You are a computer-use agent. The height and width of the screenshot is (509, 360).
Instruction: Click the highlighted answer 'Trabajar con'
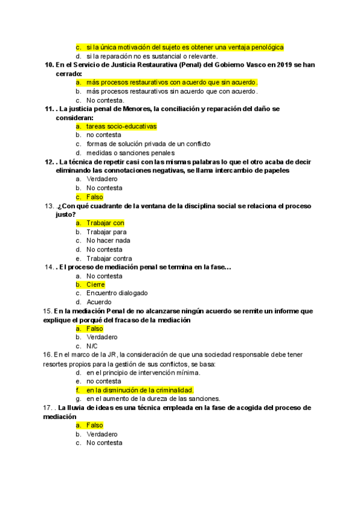point(105,223)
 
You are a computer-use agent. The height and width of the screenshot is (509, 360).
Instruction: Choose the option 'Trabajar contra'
point(109,259)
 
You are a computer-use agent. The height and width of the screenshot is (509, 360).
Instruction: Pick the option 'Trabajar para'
point(106,232)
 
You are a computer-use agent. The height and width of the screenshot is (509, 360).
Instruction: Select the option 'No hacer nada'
point(108,241)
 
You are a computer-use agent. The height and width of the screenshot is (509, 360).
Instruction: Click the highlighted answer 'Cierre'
point(95,285)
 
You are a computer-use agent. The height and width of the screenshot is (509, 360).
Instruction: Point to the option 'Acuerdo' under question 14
point(99,302)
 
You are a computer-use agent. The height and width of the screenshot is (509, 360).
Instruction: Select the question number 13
point(49,206)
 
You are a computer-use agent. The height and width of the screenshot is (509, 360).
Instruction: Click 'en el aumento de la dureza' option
point(145,399)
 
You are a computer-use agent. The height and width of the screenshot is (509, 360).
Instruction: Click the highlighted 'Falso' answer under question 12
point(95,197)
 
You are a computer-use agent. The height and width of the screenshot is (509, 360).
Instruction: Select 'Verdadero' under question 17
point(102,434)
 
